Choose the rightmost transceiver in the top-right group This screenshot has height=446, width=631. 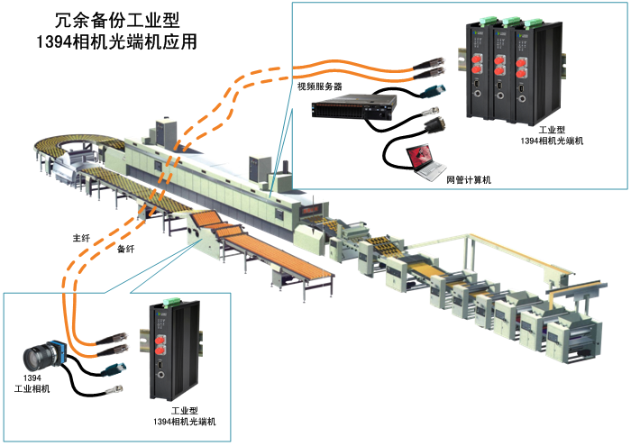pyautogui.click(x=526, y=72)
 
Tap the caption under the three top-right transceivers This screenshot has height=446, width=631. pyautogui.click(x=553, y=136)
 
